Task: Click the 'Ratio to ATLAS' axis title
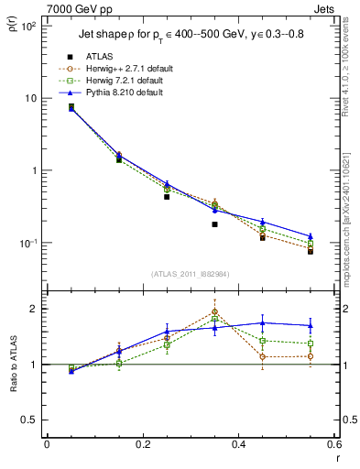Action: pyautogui.click(x=13, y=364)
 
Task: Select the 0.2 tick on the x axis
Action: pyautogui.click(x=142, y=446)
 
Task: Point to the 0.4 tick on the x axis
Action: pyautogui.click(x=238, y=446)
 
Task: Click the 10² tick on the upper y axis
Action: pyautogui.click(x=28, y=26)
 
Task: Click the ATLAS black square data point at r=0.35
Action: pyautogui.click(x=214, y=224)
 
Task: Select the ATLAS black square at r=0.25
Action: pyautogui.click(x=167, y=197)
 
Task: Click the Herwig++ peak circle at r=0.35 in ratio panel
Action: pyautogui.click(x=214, y=311)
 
